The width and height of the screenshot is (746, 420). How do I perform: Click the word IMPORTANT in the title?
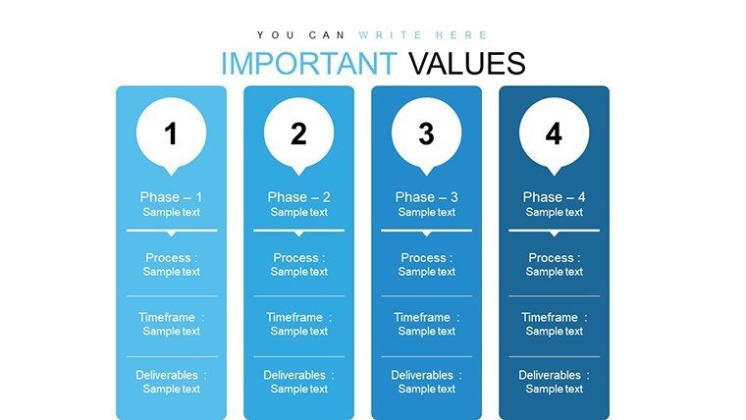tap(309, 63)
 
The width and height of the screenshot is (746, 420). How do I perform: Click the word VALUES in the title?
tap(467, 63)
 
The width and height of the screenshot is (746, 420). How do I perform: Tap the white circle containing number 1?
tap(171, 133)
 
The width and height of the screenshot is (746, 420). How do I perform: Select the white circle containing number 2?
tap(298, 133)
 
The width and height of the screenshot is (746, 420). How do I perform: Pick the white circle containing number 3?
tap(426, 133)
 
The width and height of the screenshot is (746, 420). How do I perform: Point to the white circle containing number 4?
tap(554, 133)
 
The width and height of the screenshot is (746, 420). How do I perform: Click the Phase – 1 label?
tap(171, 197)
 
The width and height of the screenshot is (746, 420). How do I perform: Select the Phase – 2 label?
tap(298, 197)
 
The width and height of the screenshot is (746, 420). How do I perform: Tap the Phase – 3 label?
tap(426, 197)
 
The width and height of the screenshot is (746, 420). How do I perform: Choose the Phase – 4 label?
tap(554, 197)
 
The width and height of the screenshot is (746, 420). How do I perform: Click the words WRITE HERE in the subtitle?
tap(423, 35)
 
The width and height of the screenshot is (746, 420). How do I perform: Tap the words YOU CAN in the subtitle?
tap(300, 35)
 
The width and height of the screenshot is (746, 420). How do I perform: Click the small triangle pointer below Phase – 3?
tap(426, 234)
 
